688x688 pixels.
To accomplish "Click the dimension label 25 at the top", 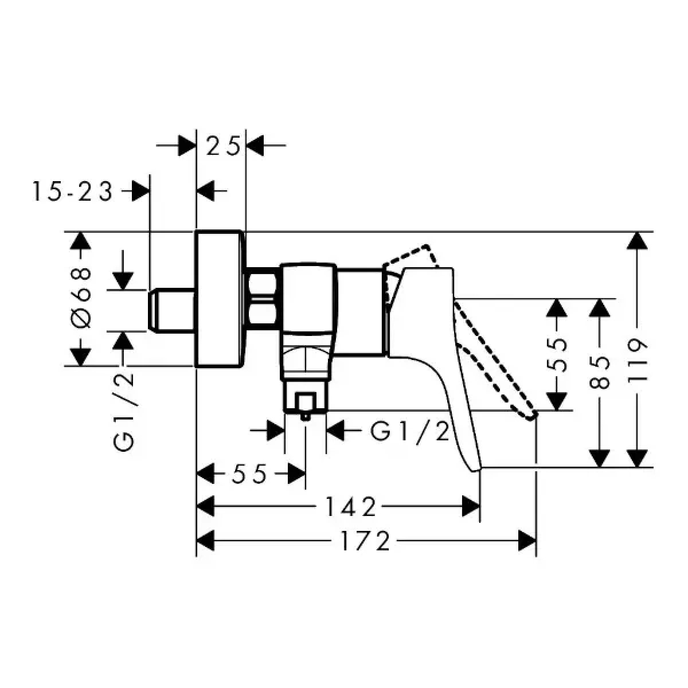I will tap(222, 147).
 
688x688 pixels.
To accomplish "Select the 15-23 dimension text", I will tap(72, 191).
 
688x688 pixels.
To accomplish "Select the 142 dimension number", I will tap(351, 507).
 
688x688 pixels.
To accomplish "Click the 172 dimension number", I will tap(365, 541).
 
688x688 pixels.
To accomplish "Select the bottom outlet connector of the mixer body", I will tap(305, 400).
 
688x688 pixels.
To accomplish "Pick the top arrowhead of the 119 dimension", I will tap(634, 241).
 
